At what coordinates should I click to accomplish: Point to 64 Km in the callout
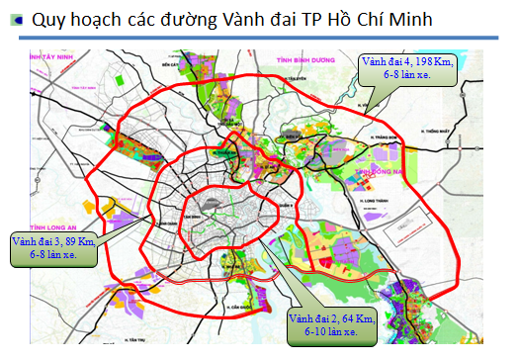coord(353,317)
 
